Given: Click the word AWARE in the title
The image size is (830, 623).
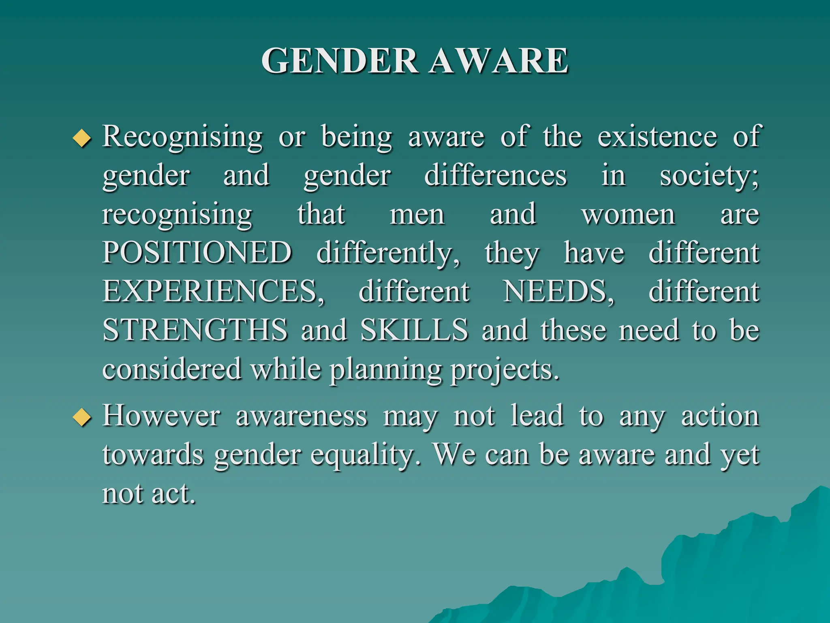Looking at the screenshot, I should [x=499, y=61].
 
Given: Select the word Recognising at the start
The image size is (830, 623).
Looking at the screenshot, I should [x=182, y=137].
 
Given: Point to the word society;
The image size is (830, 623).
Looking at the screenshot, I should [x=709, y=176].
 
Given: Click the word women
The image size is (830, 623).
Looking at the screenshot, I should [x=628, y=214].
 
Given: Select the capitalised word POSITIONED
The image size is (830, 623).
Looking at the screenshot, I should [x=197, y=252].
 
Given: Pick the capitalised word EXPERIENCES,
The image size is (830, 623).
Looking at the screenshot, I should [x=214, y=291].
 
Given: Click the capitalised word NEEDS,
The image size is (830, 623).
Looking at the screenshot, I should [x=558, y=291].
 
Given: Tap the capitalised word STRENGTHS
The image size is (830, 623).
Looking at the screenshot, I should [x=195, y=330].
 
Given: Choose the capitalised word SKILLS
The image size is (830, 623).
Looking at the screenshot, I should [x=414, y=330].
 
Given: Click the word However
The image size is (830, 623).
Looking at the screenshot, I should [x=161, y=416].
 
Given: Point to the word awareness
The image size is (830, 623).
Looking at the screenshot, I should [x=302, y=416].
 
